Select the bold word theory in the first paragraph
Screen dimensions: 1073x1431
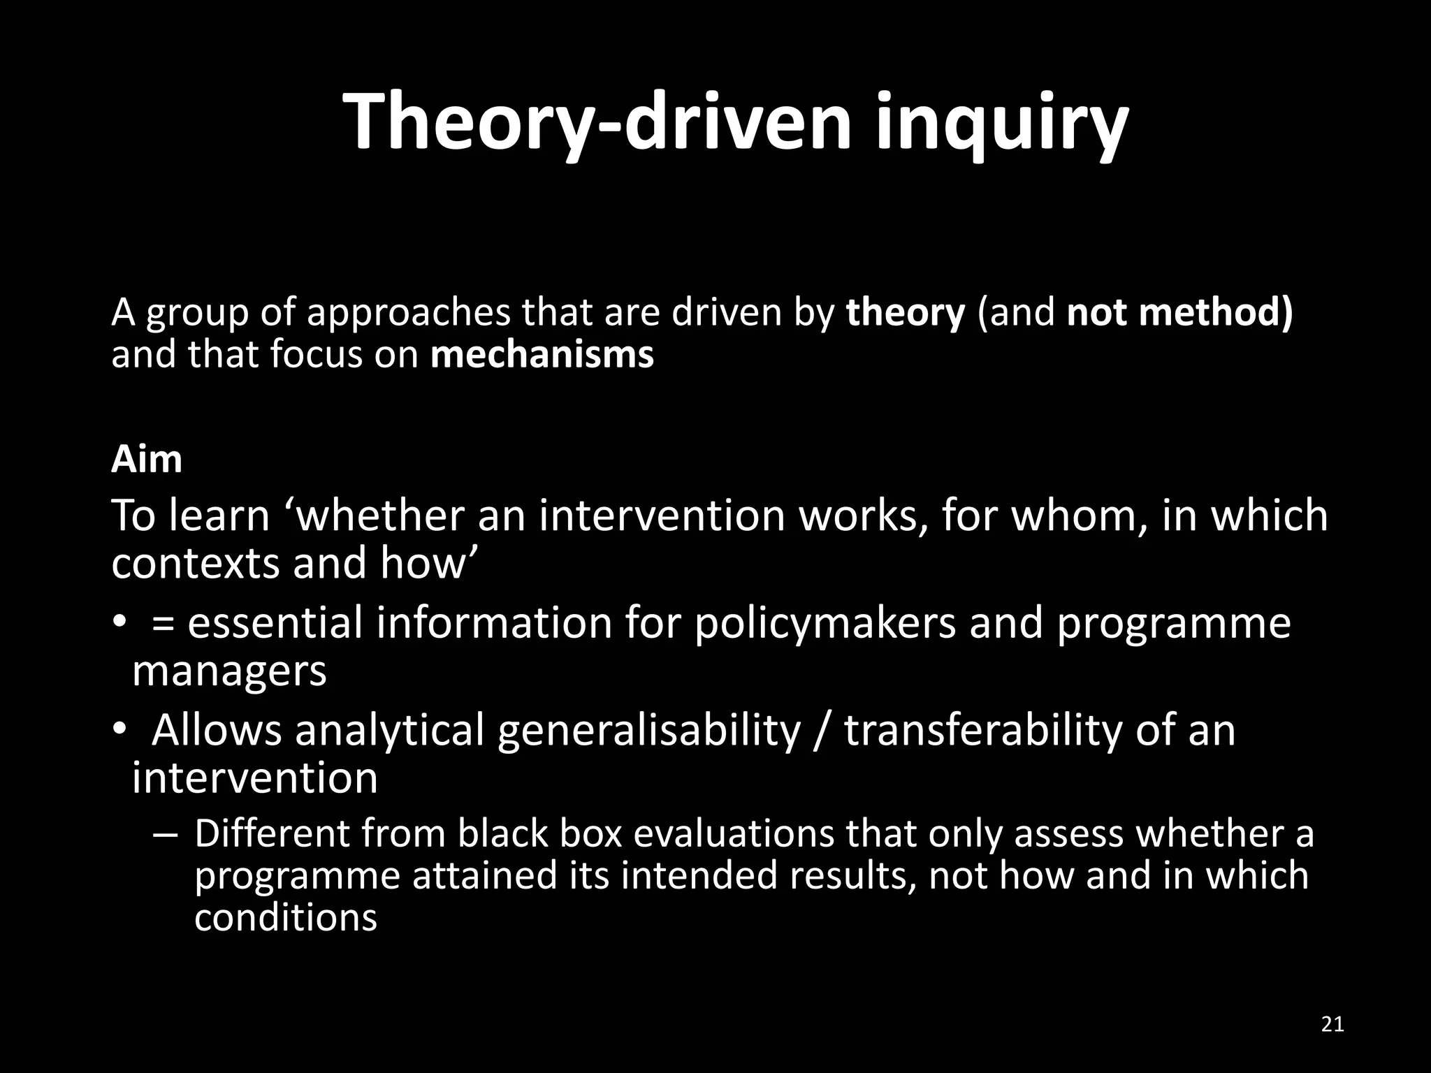pyautogui.click(x=905, y=312)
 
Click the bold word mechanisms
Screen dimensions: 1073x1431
pyautogui.click(x=542, y=355)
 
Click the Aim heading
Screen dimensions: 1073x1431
pyautogui.click(x=147, y=460)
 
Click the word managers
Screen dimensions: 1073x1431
pyautogui.click(x=229, y=671)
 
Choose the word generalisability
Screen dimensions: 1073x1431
pyautogui.click(x=648, y=730)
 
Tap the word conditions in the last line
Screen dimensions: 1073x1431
pyautogui.click(x=285, y=917)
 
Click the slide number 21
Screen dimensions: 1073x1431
pyautogui.click(x=1333, y=1025)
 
